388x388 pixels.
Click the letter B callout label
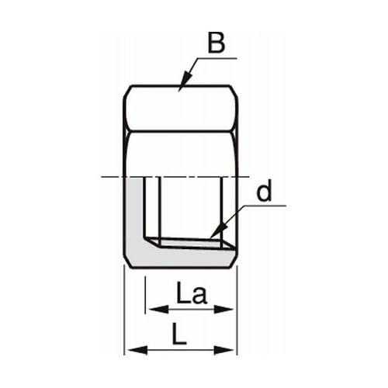(x=217, y=43)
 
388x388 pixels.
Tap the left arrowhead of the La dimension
(x=151, y=309)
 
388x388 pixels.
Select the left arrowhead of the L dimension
(x=130, y=349)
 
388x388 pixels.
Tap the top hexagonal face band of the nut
(x=180, y=109)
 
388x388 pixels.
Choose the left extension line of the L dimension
(x=126, y=310)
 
